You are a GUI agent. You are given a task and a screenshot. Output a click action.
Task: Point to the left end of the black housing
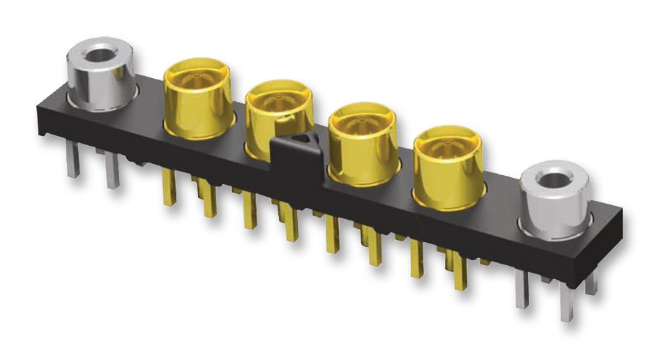coord(43,115)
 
